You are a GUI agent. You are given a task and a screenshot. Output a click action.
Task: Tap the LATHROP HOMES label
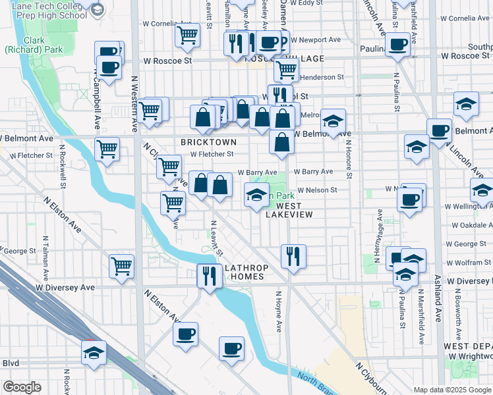pyautogui.click(x=245, y=273)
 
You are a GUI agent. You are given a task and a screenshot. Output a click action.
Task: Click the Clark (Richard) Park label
pyautogui.click(x=24, y=45)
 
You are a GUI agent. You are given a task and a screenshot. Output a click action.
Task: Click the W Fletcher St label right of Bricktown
pyautogui.click(x=212, y=155)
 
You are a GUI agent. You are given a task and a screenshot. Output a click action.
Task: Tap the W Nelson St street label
pyautogui.click(x=317, y=190)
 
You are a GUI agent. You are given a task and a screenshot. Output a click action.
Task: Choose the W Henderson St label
pyautogui.click(x=322, y=77)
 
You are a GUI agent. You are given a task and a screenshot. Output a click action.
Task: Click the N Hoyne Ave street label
pyautogui.click(x=279, y=311)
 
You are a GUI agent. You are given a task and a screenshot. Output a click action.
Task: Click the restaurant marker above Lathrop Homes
pyautogui.click(x=293, y=255)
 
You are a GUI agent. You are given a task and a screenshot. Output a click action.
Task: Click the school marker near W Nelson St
pyautogui.click(x=257, y=194)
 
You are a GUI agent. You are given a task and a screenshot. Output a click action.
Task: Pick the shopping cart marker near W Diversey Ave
pyautogui.click(x=122, y=266)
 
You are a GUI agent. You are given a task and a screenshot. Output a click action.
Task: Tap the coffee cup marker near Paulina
pyautogui.click(x=397, y=45)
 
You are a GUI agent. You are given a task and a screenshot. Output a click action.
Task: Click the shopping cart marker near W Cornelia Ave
pyautogui.click(x=188, y=34)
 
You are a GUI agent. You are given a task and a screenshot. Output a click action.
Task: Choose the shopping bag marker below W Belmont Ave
pyautogui.click(x=281, y=142)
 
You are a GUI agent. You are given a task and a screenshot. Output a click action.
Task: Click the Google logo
pyautogui.click(x=22, y=387)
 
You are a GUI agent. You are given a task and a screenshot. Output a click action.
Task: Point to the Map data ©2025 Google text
pyautogui.click(x=451, y=390)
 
